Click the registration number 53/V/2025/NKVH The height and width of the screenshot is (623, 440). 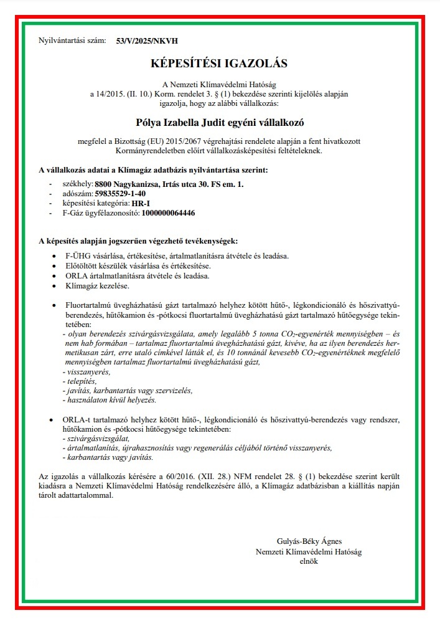(147, 41)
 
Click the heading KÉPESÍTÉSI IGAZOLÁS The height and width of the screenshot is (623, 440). (219, 63)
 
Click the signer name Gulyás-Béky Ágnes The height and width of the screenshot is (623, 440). (309, 541)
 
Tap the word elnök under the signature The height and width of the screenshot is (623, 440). (309, 561)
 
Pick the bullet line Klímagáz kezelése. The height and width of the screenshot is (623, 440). (97, 286)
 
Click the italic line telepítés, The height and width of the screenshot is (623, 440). (79, 381)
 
